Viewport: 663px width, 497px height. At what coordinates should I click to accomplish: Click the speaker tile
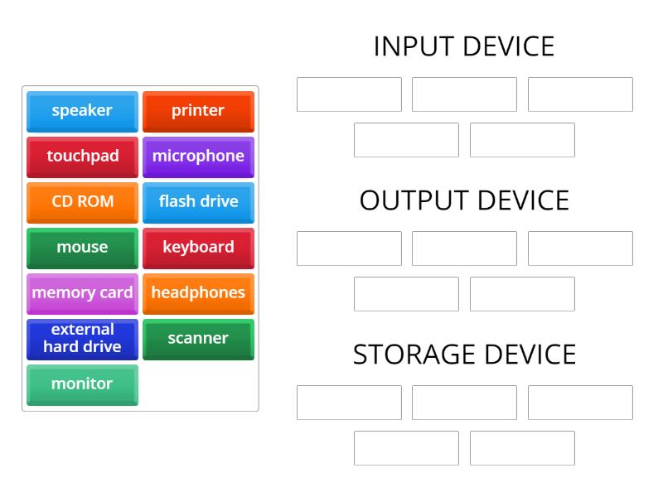point(82,111)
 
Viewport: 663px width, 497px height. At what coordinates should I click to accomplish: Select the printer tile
point(198,111)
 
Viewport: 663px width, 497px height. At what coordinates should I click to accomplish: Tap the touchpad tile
point(82,157)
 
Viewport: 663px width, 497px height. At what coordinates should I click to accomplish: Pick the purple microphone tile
point(198,157)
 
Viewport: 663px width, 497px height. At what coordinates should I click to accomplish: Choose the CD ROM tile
point(82,202)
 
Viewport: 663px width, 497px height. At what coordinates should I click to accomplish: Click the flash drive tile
point(198,202)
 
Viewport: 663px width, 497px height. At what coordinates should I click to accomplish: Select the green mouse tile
point(82,248)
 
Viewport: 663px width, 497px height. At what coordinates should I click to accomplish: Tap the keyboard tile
point(198,248)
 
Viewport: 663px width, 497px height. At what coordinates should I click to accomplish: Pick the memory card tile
point(82,293)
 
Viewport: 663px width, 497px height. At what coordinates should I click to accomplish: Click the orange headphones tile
point(198,293)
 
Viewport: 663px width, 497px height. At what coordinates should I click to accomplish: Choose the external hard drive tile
point(82,339)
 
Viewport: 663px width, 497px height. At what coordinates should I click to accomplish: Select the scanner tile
point(198,339)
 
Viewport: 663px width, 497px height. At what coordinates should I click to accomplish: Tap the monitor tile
point(82,384)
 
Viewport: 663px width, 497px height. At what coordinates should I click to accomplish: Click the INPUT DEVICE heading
point(464,46)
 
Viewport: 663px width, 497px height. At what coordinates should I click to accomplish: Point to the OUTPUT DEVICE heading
point(464,200)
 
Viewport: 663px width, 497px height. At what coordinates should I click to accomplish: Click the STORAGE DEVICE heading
point(464,355)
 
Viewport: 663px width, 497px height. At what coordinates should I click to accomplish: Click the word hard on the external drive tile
point(60,347)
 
